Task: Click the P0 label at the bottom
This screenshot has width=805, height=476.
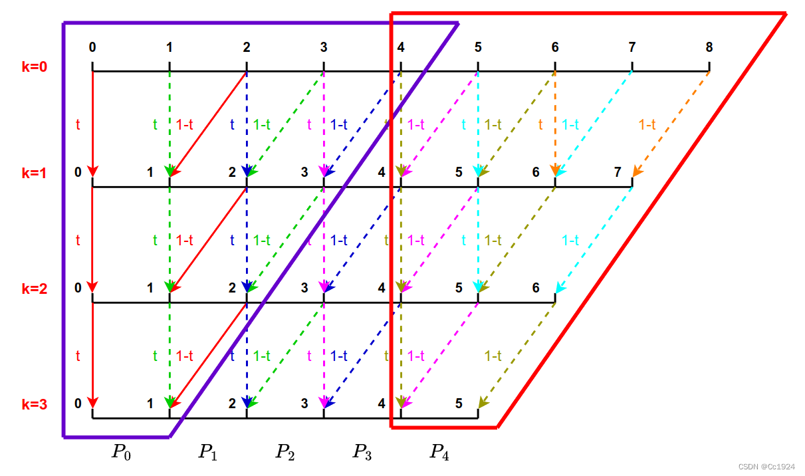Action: (x=122, y=453)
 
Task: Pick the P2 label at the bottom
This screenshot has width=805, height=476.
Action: (x=286, y=453)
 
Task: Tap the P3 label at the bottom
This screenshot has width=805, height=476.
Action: (x=362, y=453)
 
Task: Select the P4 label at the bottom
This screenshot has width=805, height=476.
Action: (x=439, y=453)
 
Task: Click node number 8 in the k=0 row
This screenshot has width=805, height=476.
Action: (x=709, y=47)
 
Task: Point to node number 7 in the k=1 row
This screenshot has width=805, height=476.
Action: (x=618, y=172)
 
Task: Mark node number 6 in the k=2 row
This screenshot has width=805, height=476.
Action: (x=536, y=288)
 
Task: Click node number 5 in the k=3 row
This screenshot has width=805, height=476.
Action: (x=459, y=403)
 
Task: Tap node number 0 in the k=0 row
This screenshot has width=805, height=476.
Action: (x=92, y=47)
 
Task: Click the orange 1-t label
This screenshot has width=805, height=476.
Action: (x=647, y=124)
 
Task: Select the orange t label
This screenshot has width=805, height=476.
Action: (x=541, y=124)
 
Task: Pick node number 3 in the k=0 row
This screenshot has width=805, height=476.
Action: (x=324, y=47)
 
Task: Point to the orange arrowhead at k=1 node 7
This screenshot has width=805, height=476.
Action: (x=636, y=172)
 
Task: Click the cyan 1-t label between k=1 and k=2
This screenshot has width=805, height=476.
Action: (x=570, y=241)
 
